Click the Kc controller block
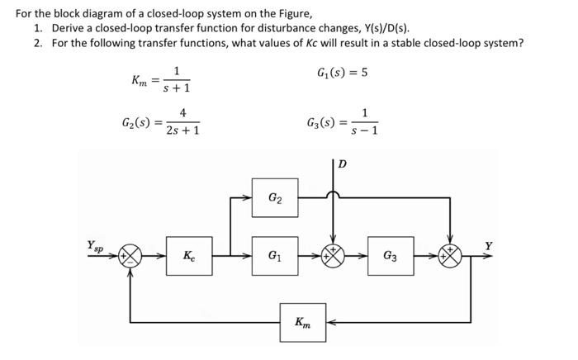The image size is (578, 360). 191,256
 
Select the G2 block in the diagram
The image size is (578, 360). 273,198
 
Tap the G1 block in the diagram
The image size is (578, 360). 273,256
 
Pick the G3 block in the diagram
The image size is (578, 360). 392,256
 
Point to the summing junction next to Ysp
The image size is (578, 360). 130,256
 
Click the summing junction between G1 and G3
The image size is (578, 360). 334,256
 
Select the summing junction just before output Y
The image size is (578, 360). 450,256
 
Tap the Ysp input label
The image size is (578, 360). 96,245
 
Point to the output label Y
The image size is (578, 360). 488,245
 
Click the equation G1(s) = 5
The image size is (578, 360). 342,72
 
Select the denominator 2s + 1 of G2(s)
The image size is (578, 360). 182,130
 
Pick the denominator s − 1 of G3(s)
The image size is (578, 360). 364,130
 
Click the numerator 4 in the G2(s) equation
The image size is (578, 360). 182,113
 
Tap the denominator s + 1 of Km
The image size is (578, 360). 177,87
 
